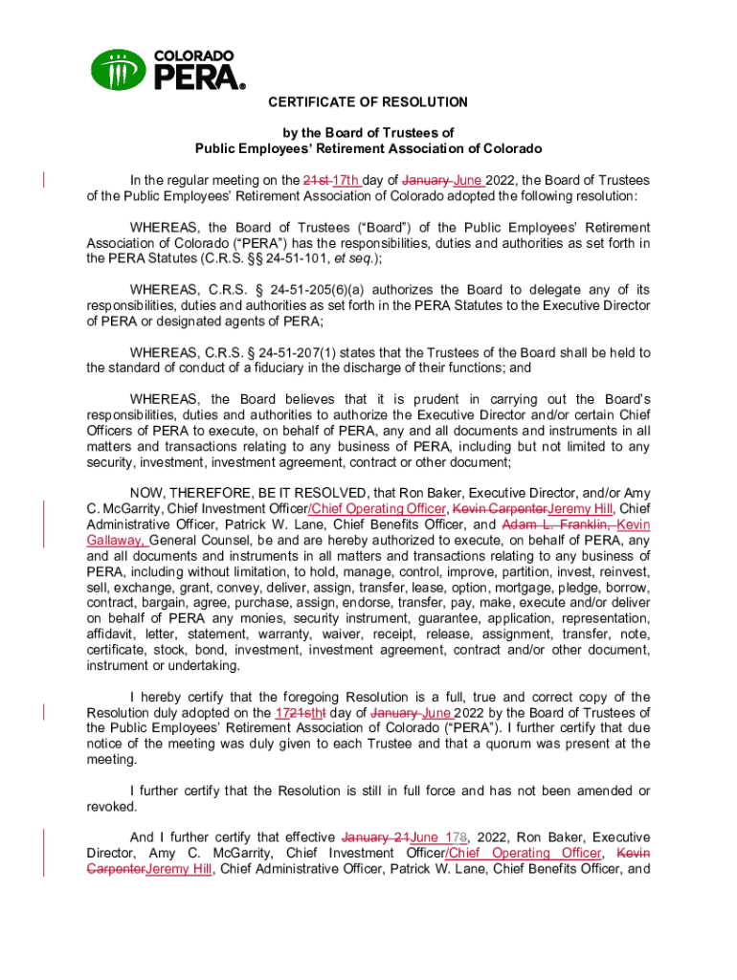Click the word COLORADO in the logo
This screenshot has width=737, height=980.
tap(194, 56)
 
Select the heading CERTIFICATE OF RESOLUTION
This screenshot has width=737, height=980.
tap(368, 101)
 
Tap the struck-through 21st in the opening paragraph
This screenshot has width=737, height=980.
tap(317, 180)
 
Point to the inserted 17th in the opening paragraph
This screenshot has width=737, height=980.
tap(346, 180)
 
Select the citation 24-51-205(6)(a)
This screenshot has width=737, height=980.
tap(308, 290)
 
